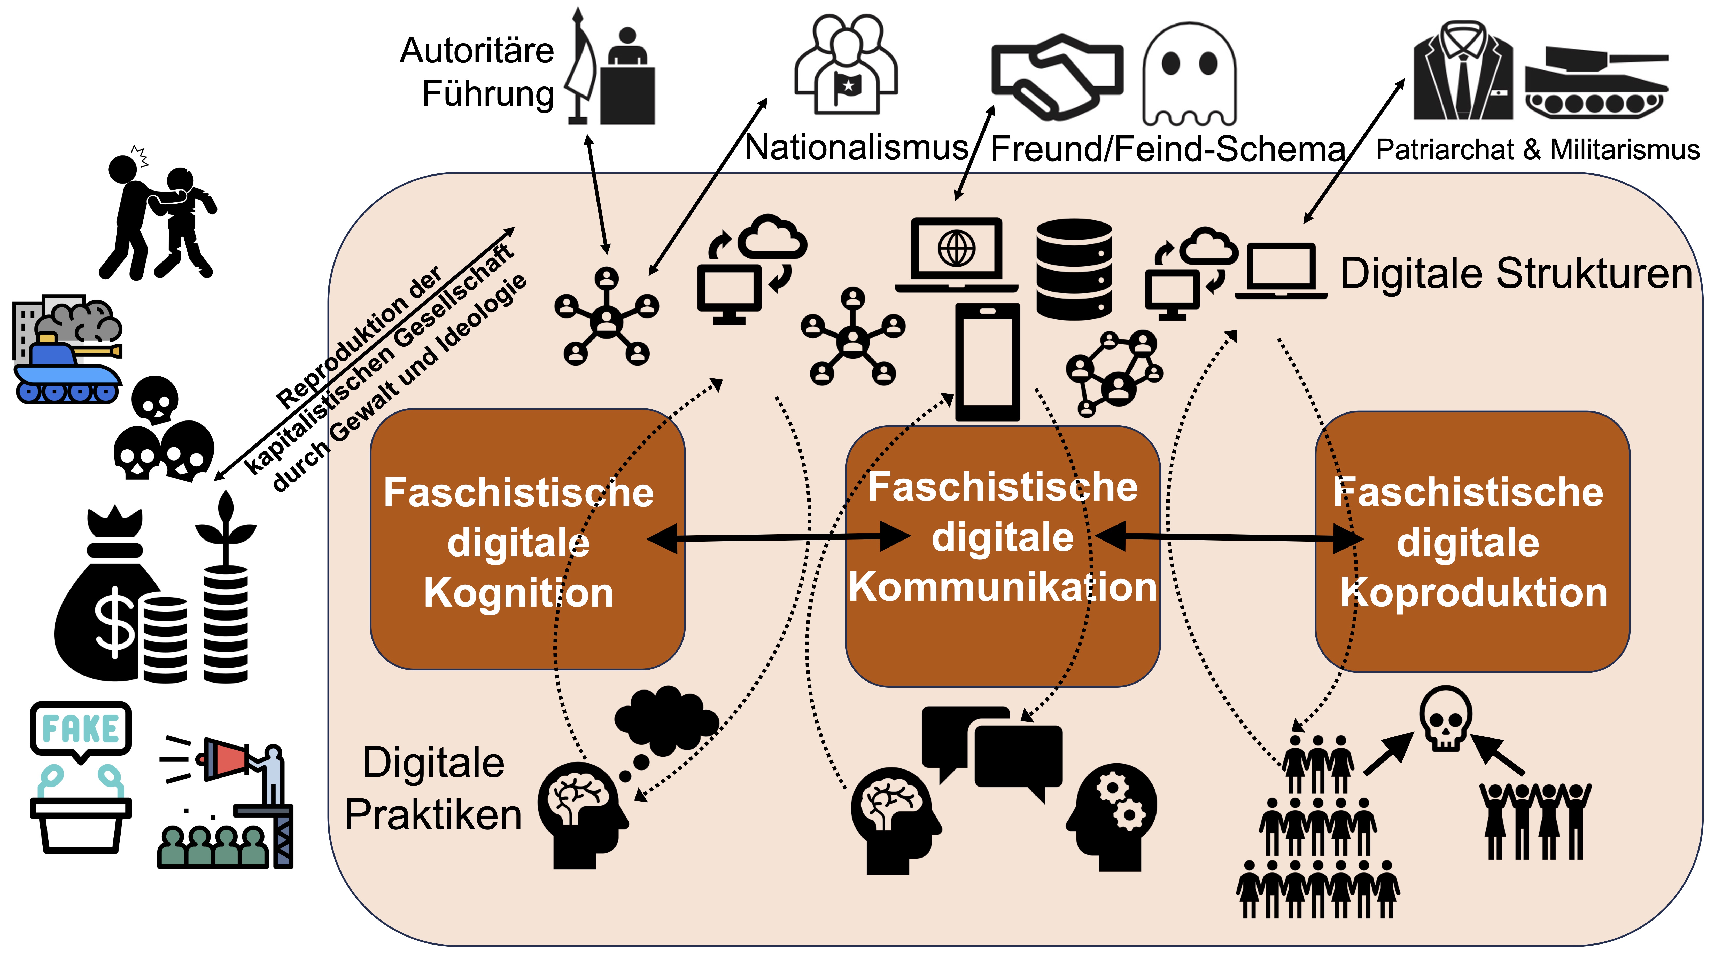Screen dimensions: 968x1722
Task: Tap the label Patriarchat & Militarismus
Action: tap(1538, 150)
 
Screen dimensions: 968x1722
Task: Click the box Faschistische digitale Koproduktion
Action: tap(1472, 541)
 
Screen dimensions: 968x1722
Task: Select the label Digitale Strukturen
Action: tap(1516, 274)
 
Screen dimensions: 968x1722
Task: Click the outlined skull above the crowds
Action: tap(1445, 718)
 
